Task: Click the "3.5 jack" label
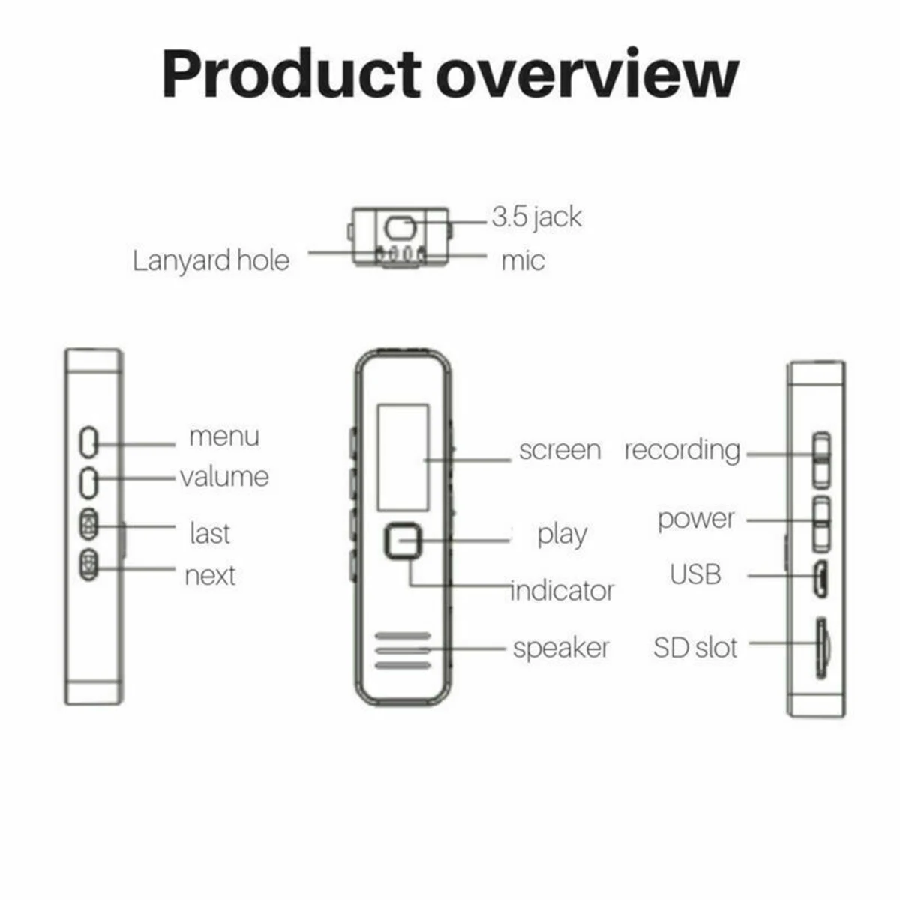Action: click(x=536, y=217)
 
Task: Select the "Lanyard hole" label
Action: click(x=211, y=260)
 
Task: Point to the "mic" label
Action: click(x=523, y=261)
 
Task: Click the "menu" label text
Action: click(x=223, y=436)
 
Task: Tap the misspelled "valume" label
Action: click(x=224, y=477)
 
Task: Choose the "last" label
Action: click(x=209, y=533)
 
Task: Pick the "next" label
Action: click(x=210, y=576)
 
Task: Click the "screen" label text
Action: click(x=559, y=450)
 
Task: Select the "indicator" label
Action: click(x=562, y=591)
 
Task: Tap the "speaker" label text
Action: click(x=561, y=648)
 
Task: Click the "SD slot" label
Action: click(x=695, y=648)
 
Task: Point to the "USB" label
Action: click(x=695, y=575)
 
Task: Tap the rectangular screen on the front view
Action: click(x=403, y=457)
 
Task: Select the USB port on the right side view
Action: click(x=820, y=578)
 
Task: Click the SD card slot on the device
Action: click(x=822, y=648)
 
